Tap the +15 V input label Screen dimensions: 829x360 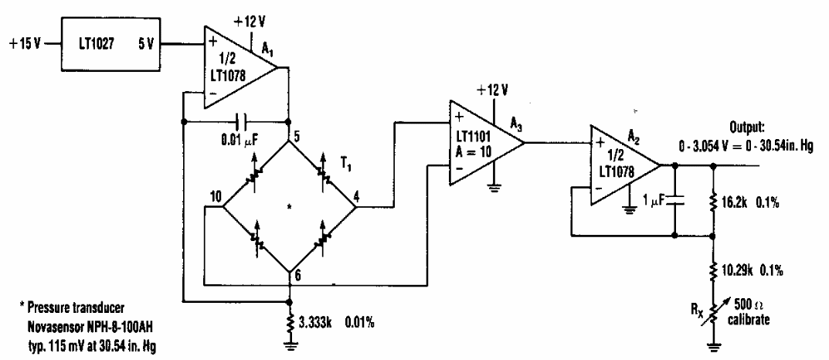[25, 44]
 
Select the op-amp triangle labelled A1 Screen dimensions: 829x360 [240, 69]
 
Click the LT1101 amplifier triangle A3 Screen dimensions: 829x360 [487, 143]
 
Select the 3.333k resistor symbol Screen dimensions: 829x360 [290, 323]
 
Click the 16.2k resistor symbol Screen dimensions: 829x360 [712, 202]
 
